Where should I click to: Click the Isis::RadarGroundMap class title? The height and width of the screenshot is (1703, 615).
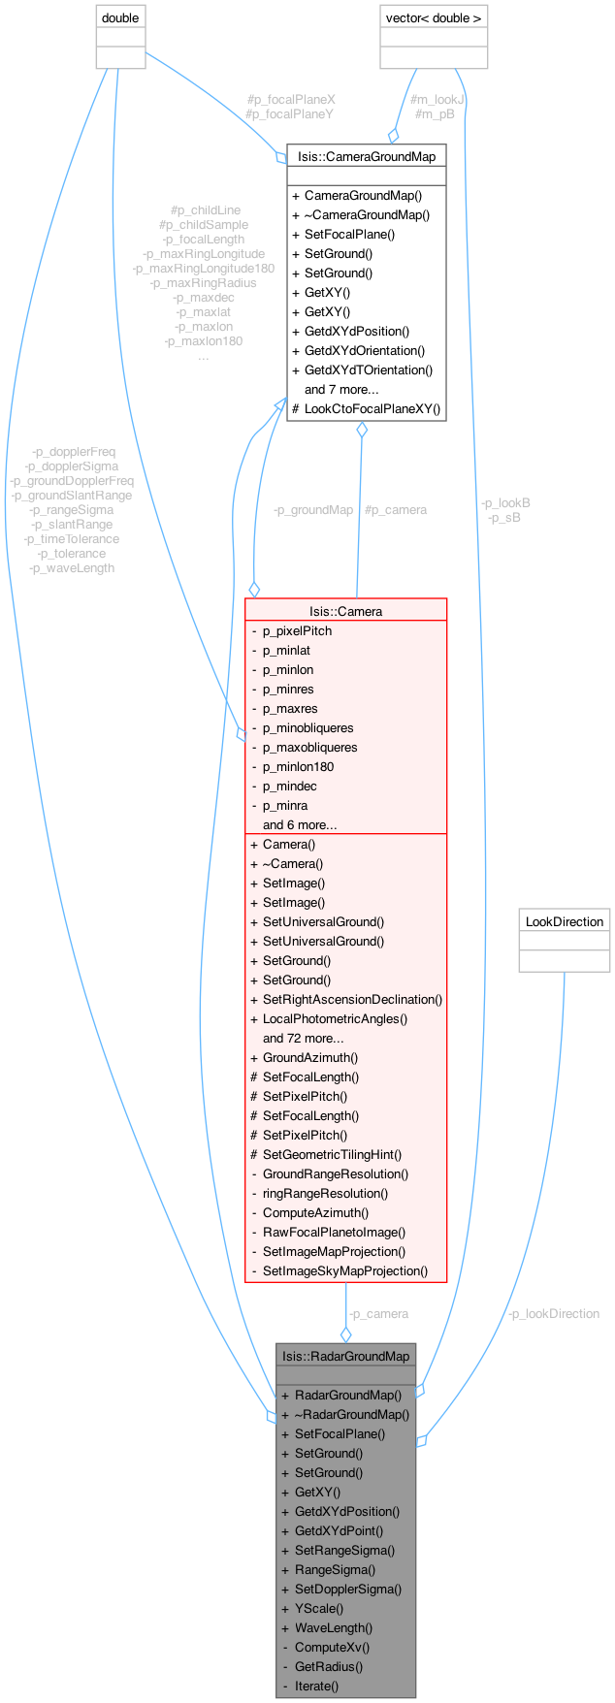(x=345, y=1356)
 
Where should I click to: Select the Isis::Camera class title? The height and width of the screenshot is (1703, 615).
(x=345, y=611)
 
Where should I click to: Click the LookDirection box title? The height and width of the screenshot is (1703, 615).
(x=565, y=921)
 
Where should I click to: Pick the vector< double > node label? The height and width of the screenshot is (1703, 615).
(x=434, y=17)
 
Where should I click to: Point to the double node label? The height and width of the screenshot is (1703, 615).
(x=120, y=17)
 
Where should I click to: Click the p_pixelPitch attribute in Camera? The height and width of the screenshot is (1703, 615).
(x=297, y=630)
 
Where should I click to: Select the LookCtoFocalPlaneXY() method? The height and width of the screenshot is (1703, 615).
(x=372, y=408)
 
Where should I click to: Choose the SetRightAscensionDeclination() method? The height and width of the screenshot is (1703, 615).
(x=352, y=999)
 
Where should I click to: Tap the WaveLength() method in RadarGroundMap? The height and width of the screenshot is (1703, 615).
(x=333, y=1627)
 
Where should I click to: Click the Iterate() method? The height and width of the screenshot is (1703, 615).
(x=316, y=1686)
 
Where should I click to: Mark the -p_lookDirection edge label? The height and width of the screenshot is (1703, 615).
(x=554, y=1313)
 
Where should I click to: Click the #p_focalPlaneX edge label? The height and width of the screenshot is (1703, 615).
(x=291, y=100)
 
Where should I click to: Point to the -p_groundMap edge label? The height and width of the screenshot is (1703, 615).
(x=312, y=509)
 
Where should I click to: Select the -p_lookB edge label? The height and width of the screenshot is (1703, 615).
(x=505, y=503)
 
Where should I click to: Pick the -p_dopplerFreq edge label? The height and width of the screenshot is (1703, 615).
(x=74, y=452)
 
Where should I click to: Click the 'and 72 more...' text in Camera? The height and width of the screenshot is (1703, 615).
(x=303, y=1038)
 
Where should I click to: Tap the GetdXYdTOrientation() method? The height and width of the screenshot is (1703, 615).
(x=369, y=370)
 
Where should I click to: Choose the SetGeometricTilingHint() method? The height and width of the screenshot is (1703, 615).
(x=332, y=1154)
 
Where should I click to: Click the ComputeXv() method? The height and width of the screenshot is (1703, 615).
(x=332, y=1647)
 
